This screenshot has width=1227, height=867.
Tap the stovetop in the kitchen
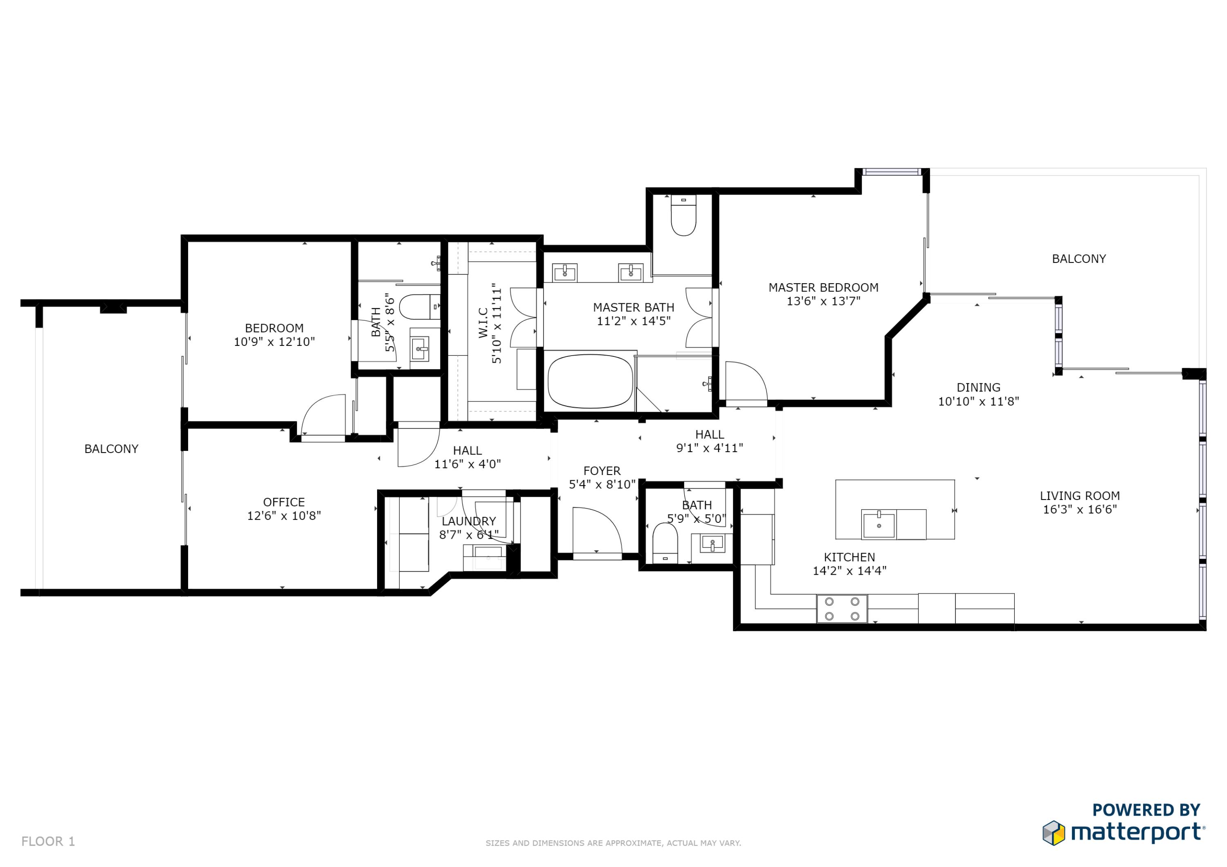click(842, 608)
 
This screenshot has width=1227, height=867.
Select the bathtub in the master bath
click(590, 381)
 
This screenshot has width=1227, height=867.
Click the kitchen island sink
click(879, 524)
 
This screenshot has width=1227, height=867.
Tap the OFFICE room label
click(284, 502)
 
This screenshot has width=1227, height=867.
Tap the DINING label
click(978, 387)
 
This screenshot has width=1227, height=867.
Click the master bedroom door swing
click(746, 381)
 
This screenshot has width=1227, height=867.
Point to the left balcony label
click(111, 449)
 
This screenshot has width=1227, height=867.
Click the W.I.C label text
click(483, 322)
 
